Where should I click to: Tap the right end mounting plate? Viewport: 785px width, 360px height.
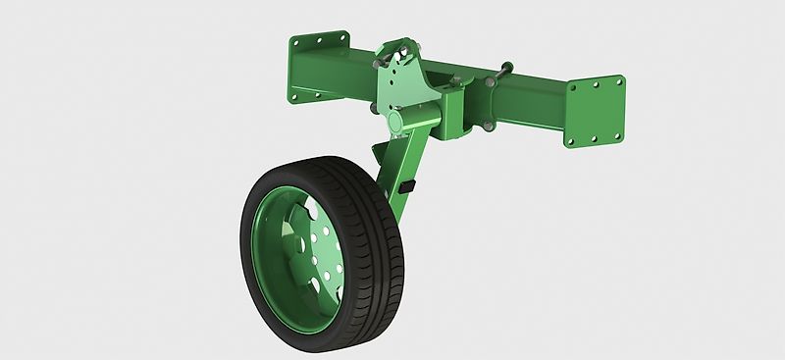596,109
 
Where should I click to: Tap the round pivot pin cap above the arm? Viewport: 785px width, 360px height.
396,121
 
